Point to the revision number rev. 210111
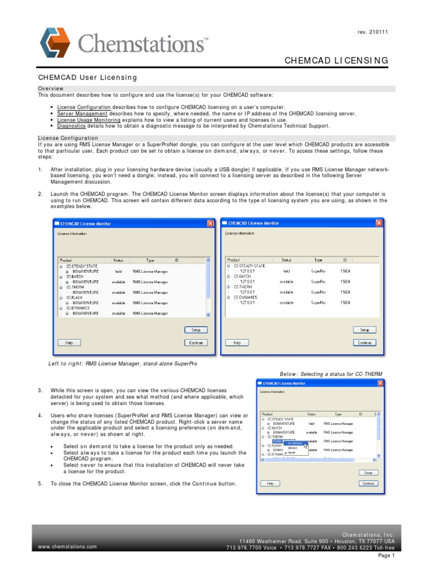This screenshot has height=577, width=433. tap(373, 32)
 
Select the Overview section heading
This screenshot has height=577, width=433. tap(51, 89)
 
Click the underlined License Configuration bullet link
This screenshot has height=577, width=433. tap(84, 107)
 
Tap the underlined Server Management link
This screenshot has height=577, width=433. tap(82, 113)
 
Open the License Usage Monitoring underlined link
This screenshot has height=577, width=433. tap(89, 120)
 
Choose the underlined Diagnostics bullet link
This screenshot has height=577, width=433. tap(71, 126)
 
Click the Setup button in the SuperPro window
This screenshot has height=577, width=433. tap(364, 330)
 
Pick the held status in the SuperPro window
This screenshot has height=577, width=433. tap(286, 270)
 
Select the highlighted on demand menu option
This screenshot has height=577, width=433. tap(295, 443)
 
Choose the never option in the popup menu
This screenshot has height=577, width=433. tap(291, 452)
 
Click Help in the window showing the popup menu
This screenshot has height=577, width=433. tap(270, 483)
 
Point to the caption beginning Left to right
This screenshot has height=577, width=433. tap(122, 364)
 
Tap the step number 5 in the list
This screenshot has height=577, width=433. tap(40, 484)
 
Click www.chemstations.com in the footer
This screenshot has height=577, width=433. tap(67, 547)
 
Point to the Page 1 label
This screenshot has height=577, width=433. tap(386, 556)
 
